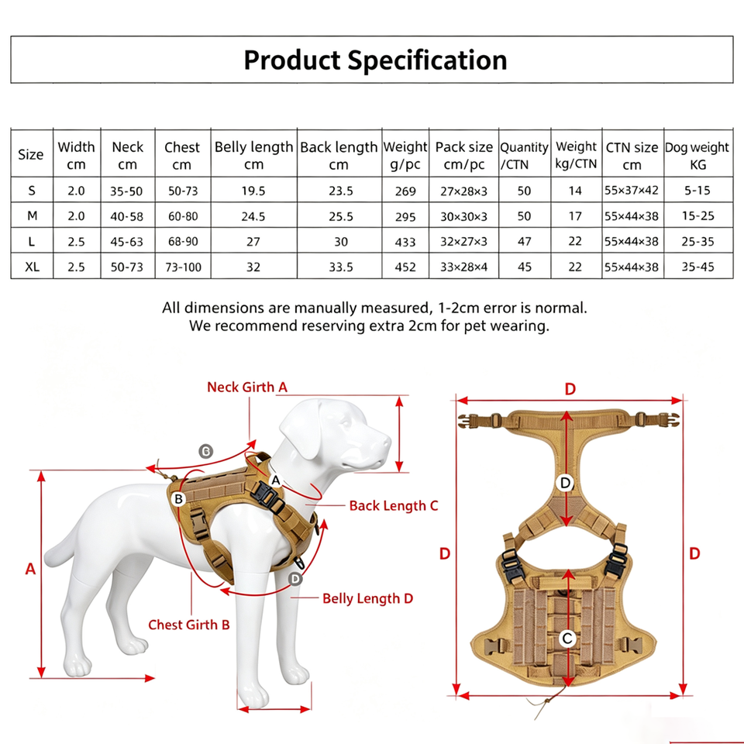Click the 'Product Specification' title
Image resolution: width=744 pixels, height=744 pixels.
(x=375, y=60)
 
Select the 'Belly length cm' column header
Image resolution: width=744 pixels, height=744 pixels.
(x=254, y=155)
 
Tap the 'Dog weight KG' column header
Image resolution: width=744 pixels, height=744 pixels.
(x=697, y=156)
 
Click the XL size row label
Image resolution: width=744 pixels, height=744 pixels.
(x=33, y=267)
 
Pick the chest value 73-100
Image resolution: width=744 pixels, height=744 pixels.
(x=183, y=267)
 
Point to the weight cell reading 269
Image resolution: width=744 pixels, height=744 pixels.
(x=405, y=191)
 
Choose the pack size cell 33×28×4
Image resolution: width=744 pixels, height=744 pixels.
(x=463, y=267)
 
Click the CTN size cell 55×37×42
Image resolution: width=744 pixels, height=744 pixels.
(x=632, y=191)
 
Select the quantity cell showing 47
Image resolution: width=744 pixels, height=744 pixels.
(x=525, y=242)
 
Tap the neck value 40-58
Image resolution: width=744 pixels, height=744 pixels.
(x=126, y=216)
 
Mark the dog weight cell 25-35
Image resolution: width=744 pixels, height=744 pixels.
(x=697, y=242)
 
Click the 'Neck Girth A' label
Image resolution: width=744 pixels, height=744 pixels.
(x=247, y=387)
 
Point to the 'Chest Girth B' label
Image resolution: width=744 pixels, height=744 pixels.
(x=189, y=625)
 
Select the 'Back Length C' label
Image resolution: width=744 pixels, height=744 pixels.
(x=394, y=506)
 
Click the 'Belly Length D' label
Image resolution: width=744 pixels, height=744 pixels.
(x=367, y=598)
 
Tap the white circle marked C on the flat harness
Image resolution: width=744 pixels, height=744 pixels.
(x=567, y=638)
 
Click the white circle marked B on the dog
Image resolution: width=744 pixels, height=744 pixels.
(x=179, y=498)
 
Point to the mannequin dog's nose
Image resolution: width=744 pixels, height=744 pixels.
(x=387, y=443)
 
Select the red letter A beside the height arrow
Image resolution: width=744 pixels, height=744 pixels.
(x=30, y=569)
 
